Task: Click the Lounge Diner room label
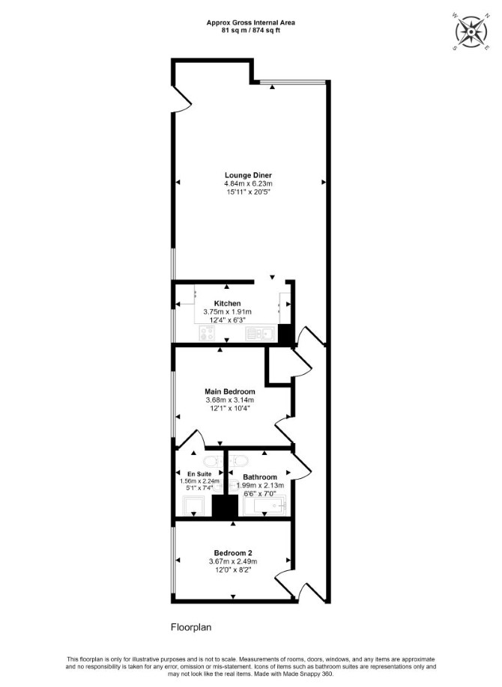coord(248,175)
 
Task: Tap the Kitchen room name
coord(227,303)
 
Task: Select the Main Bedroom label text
coord(229,391)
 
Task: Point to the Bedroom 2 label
coord(233,553)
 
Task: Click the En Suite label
coord(199,474)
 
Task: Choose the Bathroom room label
coord(260,477)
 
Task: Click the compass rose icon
coord(471,32)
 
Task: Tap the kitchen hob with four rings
coord(207,334)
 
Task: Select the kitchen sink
coord(260,334)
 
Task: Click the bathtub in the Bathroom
coord(264,506)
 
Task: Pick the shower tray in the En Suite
coord(193,506)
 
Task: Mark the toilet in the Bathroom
coord(239,461)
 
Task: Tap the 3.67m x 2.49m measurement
coord(233,561)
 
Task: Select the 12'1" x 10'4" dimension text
coord(229,408)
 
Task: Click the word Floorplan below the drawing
coord(191,627)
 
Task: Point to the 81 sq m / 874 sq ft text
coord(250,31)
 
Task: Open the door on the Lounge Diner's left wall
coord(181,100)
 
